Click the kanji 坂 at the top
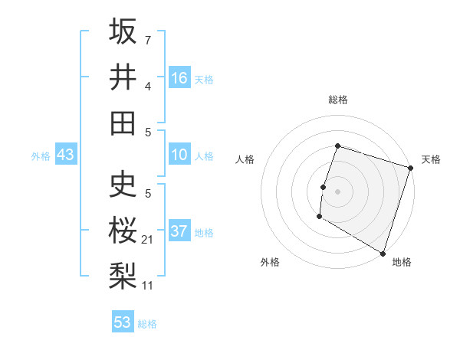[x=123, y=32]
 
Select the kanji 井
[x=123, y=77]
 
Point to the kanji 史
[x=123, y=185]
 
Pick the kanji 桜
[x=123, y=229]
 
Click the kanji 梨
[x=123, y=275]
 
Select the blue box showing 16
[x=179, y=78]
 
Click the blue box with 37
[x=179, y=231]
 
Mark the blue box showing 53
[x=123, y=322]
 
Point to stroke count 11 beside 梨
[x=148, y=286]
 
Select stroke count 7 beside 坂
[x=147, y=38]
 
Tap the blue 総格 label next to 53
[x=147, y=324]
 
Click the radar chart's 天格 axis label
[x=431, y=159]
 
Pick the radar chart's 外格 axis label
[x=269, y=263]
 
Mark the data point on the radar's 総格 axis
[x=337, y=146]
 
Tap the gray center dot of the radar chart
[x=337, y=191]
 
